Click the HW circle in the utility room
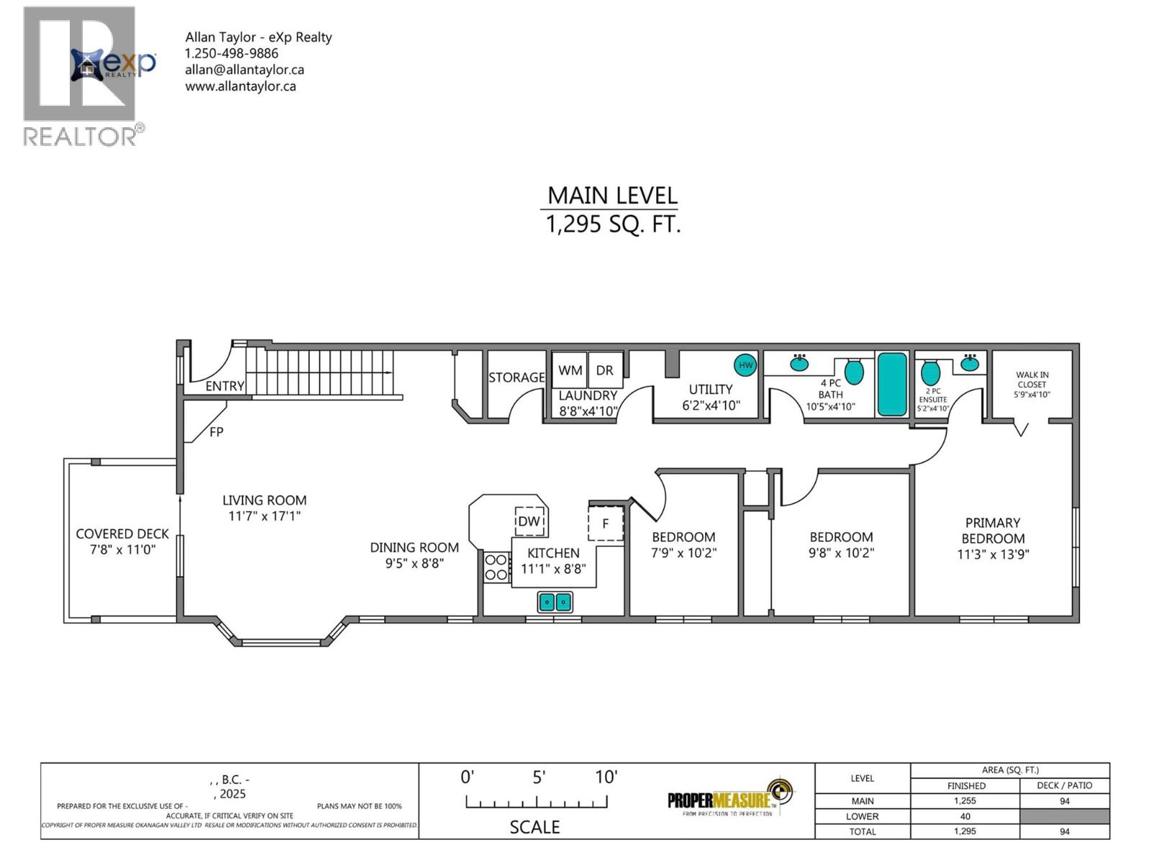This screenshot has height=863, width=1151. click(745, 365)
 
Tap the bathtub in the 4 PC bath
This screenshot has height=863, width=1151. click(892, 384)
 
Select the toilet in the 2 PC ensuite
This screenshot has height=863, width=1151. click(931, 373)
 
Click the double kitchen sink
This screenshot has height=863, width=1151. click(555, 601)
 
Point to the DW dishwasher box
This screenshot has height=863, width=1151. click(529, 521)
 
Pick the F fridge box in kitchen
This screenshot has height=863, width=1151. click(605, 523)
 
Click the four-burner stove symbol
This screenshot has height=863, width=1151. click(496, 566)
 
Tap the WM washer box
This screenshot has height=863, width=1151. click(570, 370)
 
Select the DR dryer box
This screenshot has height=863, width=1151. click(605, 370)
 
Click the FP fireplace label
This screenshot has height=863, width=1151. click(216, 432)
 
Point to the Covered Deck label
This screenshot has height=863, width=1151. click(122, 534)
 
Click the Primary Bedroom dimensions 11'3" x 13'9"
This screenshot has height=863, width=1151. click(993, 554)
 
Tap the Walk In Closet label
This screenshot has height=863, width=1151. click(1032, 379)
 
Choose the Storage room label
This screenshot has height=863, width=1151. click(517, 378)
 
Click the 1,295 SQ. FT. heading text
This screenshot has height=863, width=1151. click(613, 225)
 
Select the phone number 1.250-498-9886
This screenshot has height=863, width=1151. click(231, 53)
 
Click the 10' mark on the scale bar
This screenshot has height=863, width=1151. click(606, 777)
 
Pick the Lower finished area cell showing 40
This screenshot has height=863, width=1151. click(965, 816)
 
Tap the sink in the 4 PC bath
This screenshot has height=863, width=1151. click(799, 363)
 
